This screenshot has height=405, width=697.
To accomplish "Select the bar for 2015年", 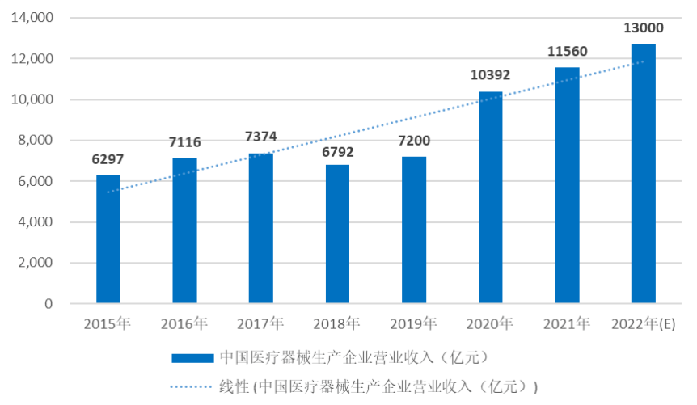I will pos(108,239).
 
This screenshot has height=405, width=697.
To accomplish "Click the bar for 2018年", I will pos(337,234).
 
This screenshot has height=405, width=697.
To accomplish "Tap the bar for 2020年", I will pos(490,198).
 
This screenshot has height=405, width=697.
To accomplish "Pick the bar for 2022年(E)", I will pos(644,174).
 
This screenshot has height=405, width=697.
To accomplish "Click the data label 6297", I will pos(108,159).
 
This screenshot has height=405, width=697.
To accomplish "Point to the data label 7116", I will pos(184,142).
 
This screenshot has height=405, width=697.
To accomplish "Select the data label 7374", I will pos(260,137).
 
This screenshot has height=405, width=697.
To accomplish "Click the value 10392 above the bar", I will pos(490,75).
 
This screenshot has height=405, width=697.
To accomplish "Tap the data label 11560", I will pos(567,52).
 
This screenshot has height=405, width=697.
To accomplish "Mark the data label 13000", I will pos(644,28).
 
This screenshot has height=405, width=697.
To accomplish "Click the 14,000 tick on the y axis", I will pos(32,18).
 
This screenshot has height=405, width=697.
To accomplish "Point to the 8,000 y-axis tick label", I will pos(36,141).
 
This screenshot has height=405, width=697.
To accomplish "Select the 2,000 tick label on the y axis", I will pos(36,264).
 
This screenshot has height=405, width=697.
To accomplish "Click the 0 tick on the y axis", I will pos(49,304).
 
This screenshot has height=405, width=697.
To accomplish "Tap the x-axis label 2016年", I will pos(184,324).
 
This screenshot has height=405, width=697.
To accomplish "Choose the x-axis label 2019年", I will pos(413,324).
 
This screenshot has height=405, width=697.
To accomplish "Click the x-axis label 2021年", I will pos(567,324).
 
